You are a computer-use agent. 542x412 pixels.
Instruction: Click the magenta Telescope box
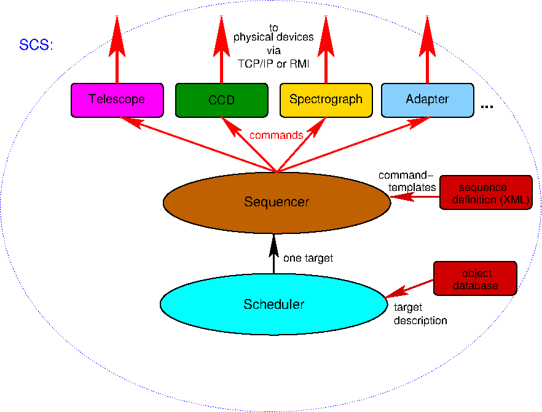117,99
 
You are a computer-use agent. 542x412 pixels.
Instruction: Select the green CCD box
221,99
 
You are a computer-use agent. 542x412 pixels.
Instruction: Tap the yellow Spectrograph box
326,99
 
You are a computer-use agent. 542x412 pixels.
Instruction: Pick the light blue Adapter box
427,99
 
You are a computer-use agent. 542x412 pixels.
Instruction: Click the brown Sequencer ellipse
276,201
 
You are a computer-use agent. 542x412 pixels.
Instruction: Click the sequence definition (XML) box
485,193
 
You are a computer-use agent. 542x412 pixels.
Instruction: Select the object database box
475,279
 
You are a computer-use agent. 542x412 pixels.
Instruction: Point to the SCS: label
36,45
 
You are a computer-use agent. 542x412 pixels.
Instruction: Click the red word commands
276,135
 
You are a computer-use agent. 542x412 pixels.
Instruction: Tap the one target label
308,258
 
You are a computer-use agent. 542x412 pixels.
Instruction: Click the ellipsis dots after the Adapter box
487,107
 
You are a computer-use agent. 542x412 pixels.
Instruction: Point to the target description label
420,314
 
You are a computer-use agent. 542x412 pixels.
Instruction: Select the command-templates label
407,181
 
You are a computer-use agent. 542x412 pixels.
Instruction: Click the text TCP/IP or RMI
273,63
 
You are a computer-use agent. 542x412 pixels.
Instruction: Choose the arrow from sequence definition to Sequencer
415,197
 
